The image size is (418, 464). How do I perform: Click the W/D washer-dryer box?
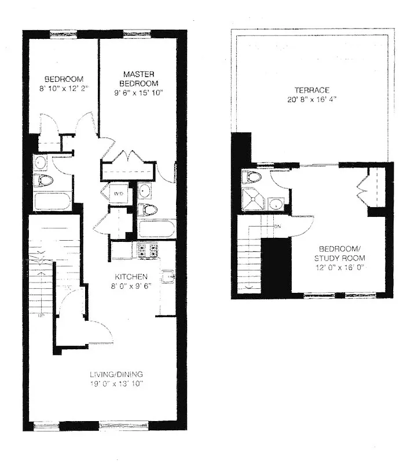[118, 193]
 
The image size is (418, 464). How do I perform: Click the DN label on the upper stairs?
[278, 226]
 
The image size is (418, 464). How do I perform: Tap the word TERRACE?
[312, 90]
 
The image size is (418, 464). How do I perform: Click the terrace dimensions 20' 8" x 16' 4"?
[312, 99]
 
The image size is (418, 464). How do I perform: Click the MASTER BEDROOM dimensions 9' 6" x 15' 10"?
[137, 93]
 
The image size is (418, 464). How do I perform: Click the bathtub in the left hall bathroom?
[52, 201]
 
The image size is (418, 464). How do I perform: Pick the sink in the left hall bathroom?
[42, 161]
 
